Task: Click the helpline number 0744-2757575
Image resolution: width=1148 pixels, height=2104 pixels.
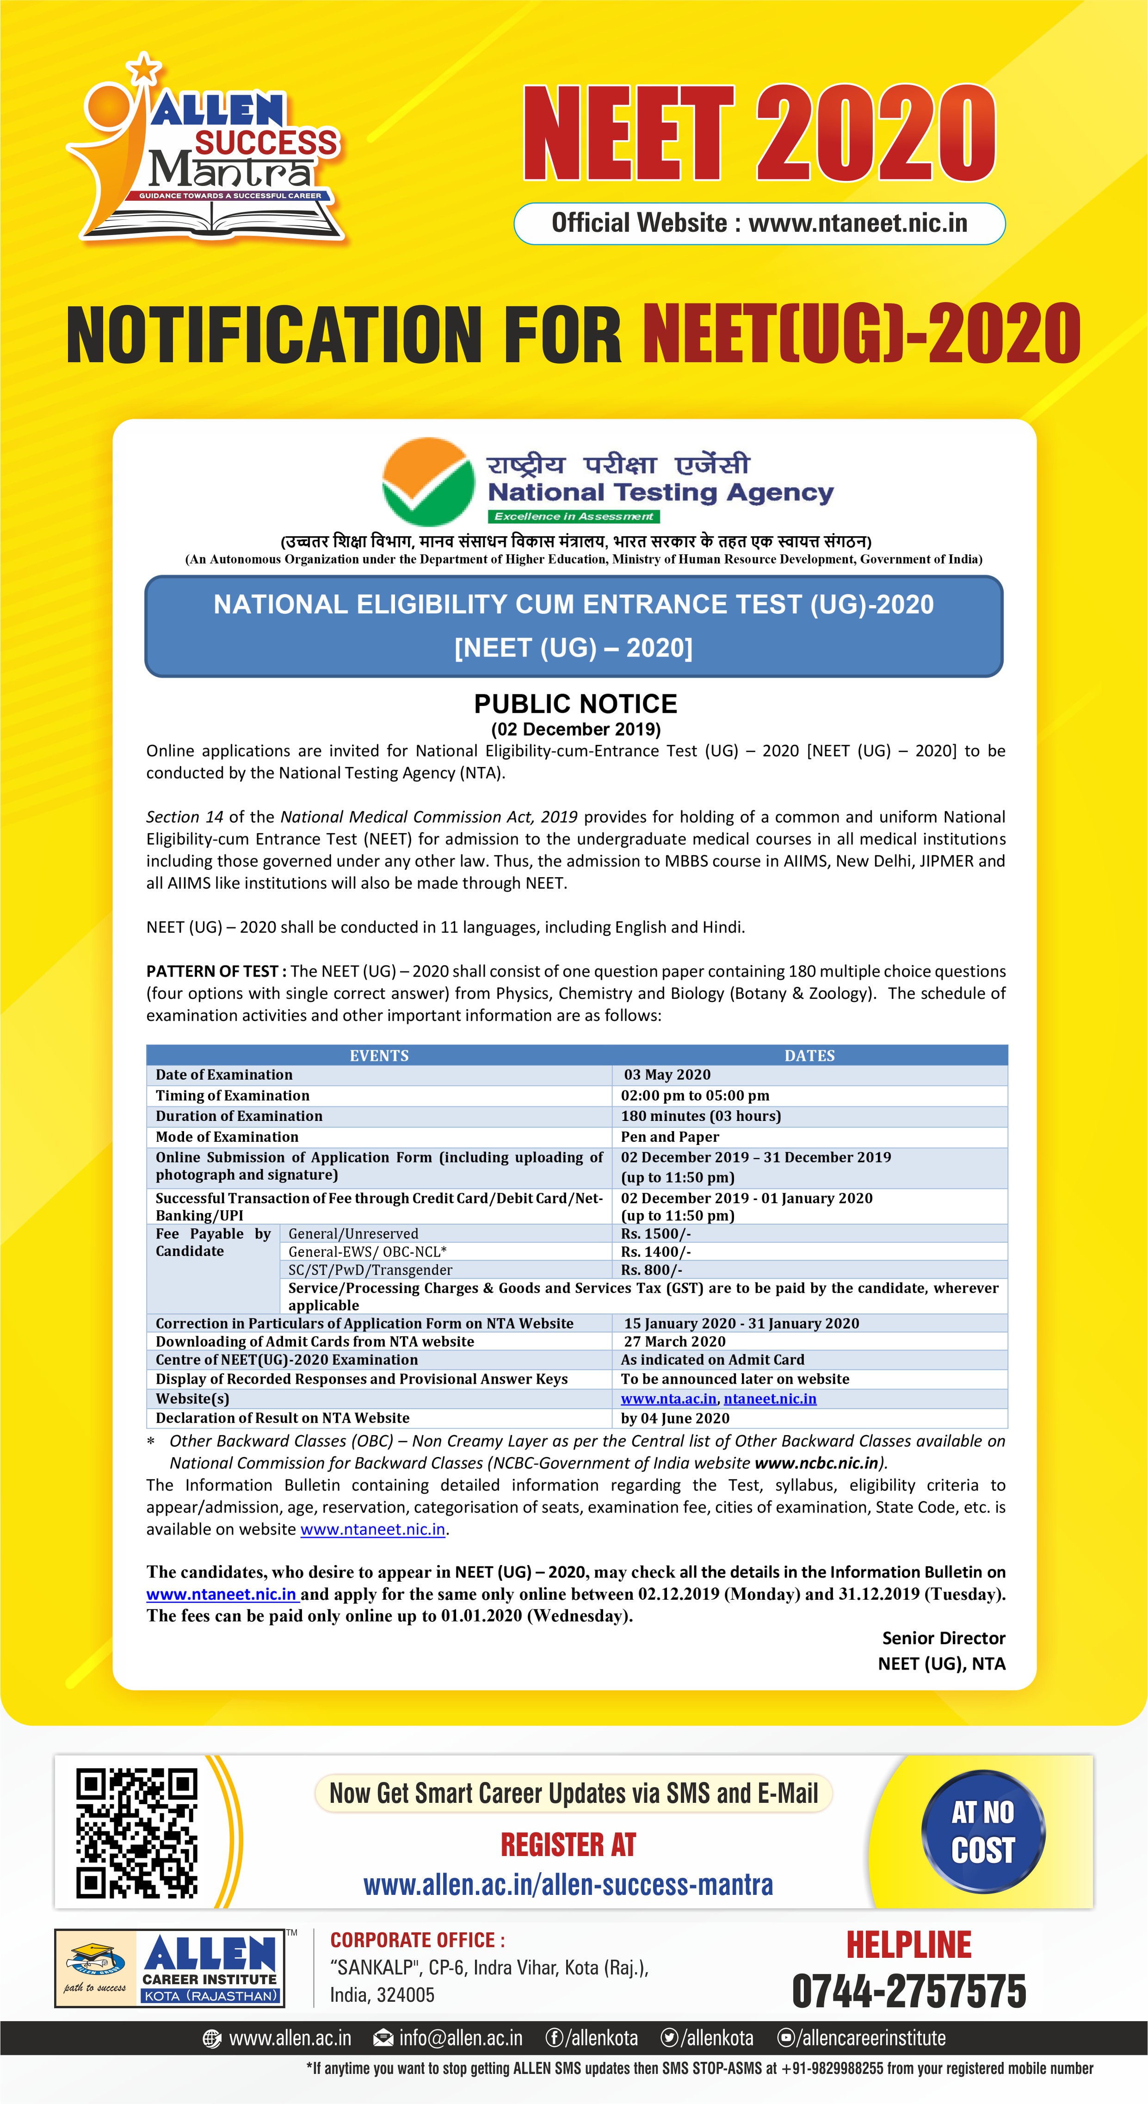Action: coord(909,1991)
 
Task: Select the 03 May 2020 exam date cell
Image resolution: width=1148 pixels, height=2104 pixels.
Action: coord(667,1075)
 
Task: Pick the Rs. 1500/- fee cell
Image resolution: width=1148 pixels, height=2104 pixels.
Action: coord(656,1233)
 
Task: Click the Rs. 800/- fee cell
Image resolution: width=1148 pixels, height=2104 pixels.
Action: coord(652,1270)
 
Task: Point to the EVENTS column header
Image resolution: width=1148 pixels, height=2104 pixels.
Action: coord(379,1055)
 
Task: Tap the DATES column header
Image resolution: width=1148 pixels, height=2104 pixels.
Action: coord(809,1055)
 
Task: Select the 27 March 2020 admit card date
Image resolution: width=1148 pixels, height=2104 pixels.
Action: coord(674,1341)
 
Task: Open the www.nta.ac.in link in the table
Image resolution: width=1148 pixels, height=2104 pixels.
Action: coord(668,1399)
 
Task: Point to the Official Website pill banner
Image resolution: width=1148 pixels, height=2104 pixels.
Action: coord(759,223)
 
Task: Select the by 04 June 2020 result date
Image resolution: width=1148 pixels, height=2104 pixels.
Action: coord(675,1418)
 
